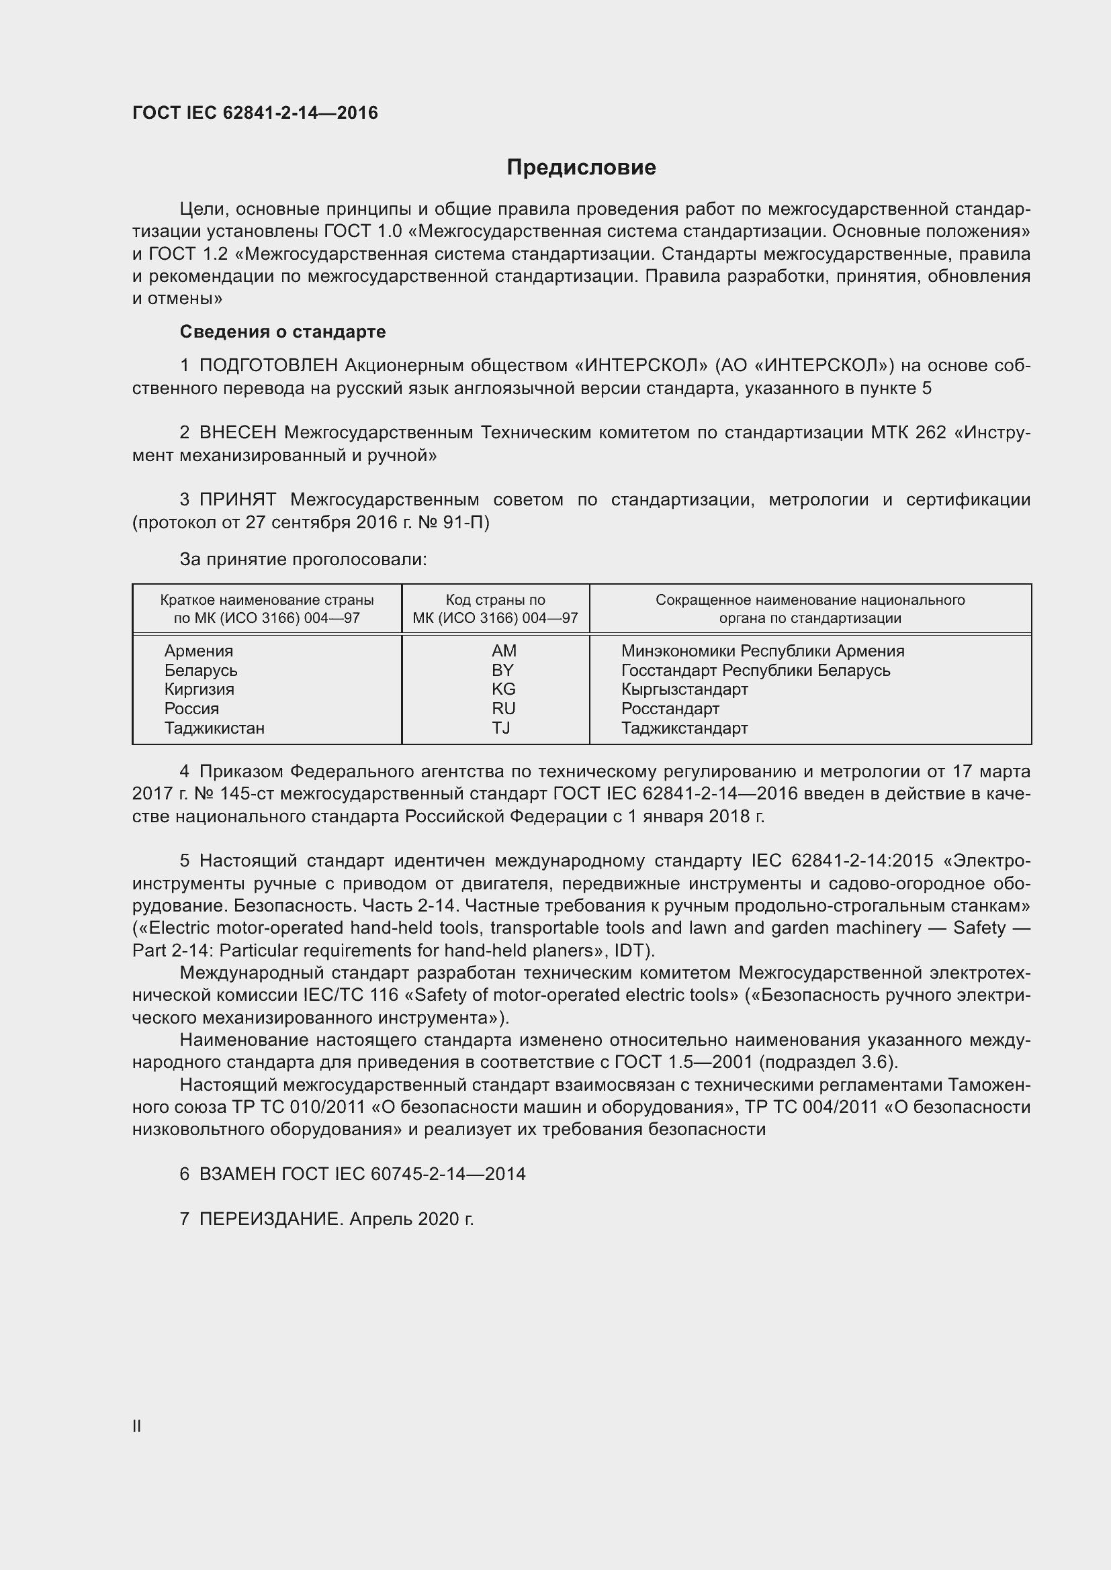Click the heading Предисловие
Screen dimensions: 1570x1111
[581, 168]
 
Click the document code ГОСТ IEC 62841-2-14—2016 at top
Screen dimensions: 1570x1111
[255, 113]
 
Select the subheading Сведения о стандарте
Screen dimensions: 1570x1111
[283, 332]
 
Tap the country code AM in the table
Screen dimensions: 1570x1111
[504, 650]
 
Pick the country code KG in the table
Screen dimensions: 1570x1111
[504, 689]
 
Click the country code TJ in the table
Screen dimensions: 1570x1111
[501, 728]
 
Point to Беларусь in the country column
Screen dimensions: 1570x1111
[200, 670]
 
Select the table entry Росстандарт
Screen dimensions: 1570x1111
[670, 708]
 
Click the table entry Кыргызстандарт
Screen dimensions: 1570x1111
[684, 689]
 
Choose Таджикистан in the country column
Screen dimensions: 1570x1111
[214, 728]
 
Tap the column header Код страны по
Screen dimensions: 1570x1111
[495, 599]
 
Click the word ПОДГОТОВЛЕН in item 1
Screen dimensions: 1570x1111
[268, 366]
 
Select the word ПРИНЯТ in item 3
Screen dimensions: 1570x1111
[237, 499]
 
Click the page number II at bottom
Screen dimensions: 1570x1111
[137, 1426]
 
